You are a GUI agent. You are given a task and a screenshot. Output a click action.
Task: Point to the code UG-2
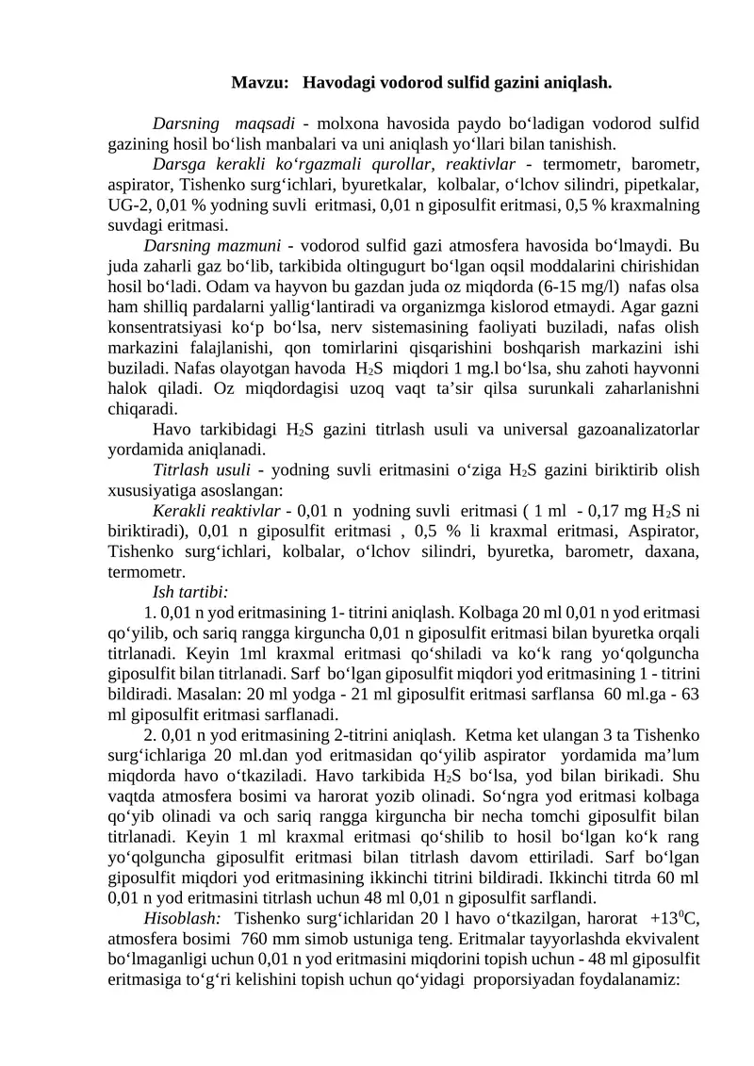pyautogui.click(x=127, y=205)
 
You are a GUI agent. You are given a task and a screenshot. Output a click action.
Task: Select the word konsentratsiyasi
pyautogui.click(x=167, y=327)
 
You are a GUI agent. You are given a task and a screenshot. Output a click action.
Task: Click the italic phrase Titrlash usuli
pyautogui.click(x=201, y=469)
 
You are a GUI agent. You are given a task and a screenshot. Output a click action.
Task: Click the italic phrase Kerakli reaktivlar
pyautogui.click(x=216, y=511)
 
